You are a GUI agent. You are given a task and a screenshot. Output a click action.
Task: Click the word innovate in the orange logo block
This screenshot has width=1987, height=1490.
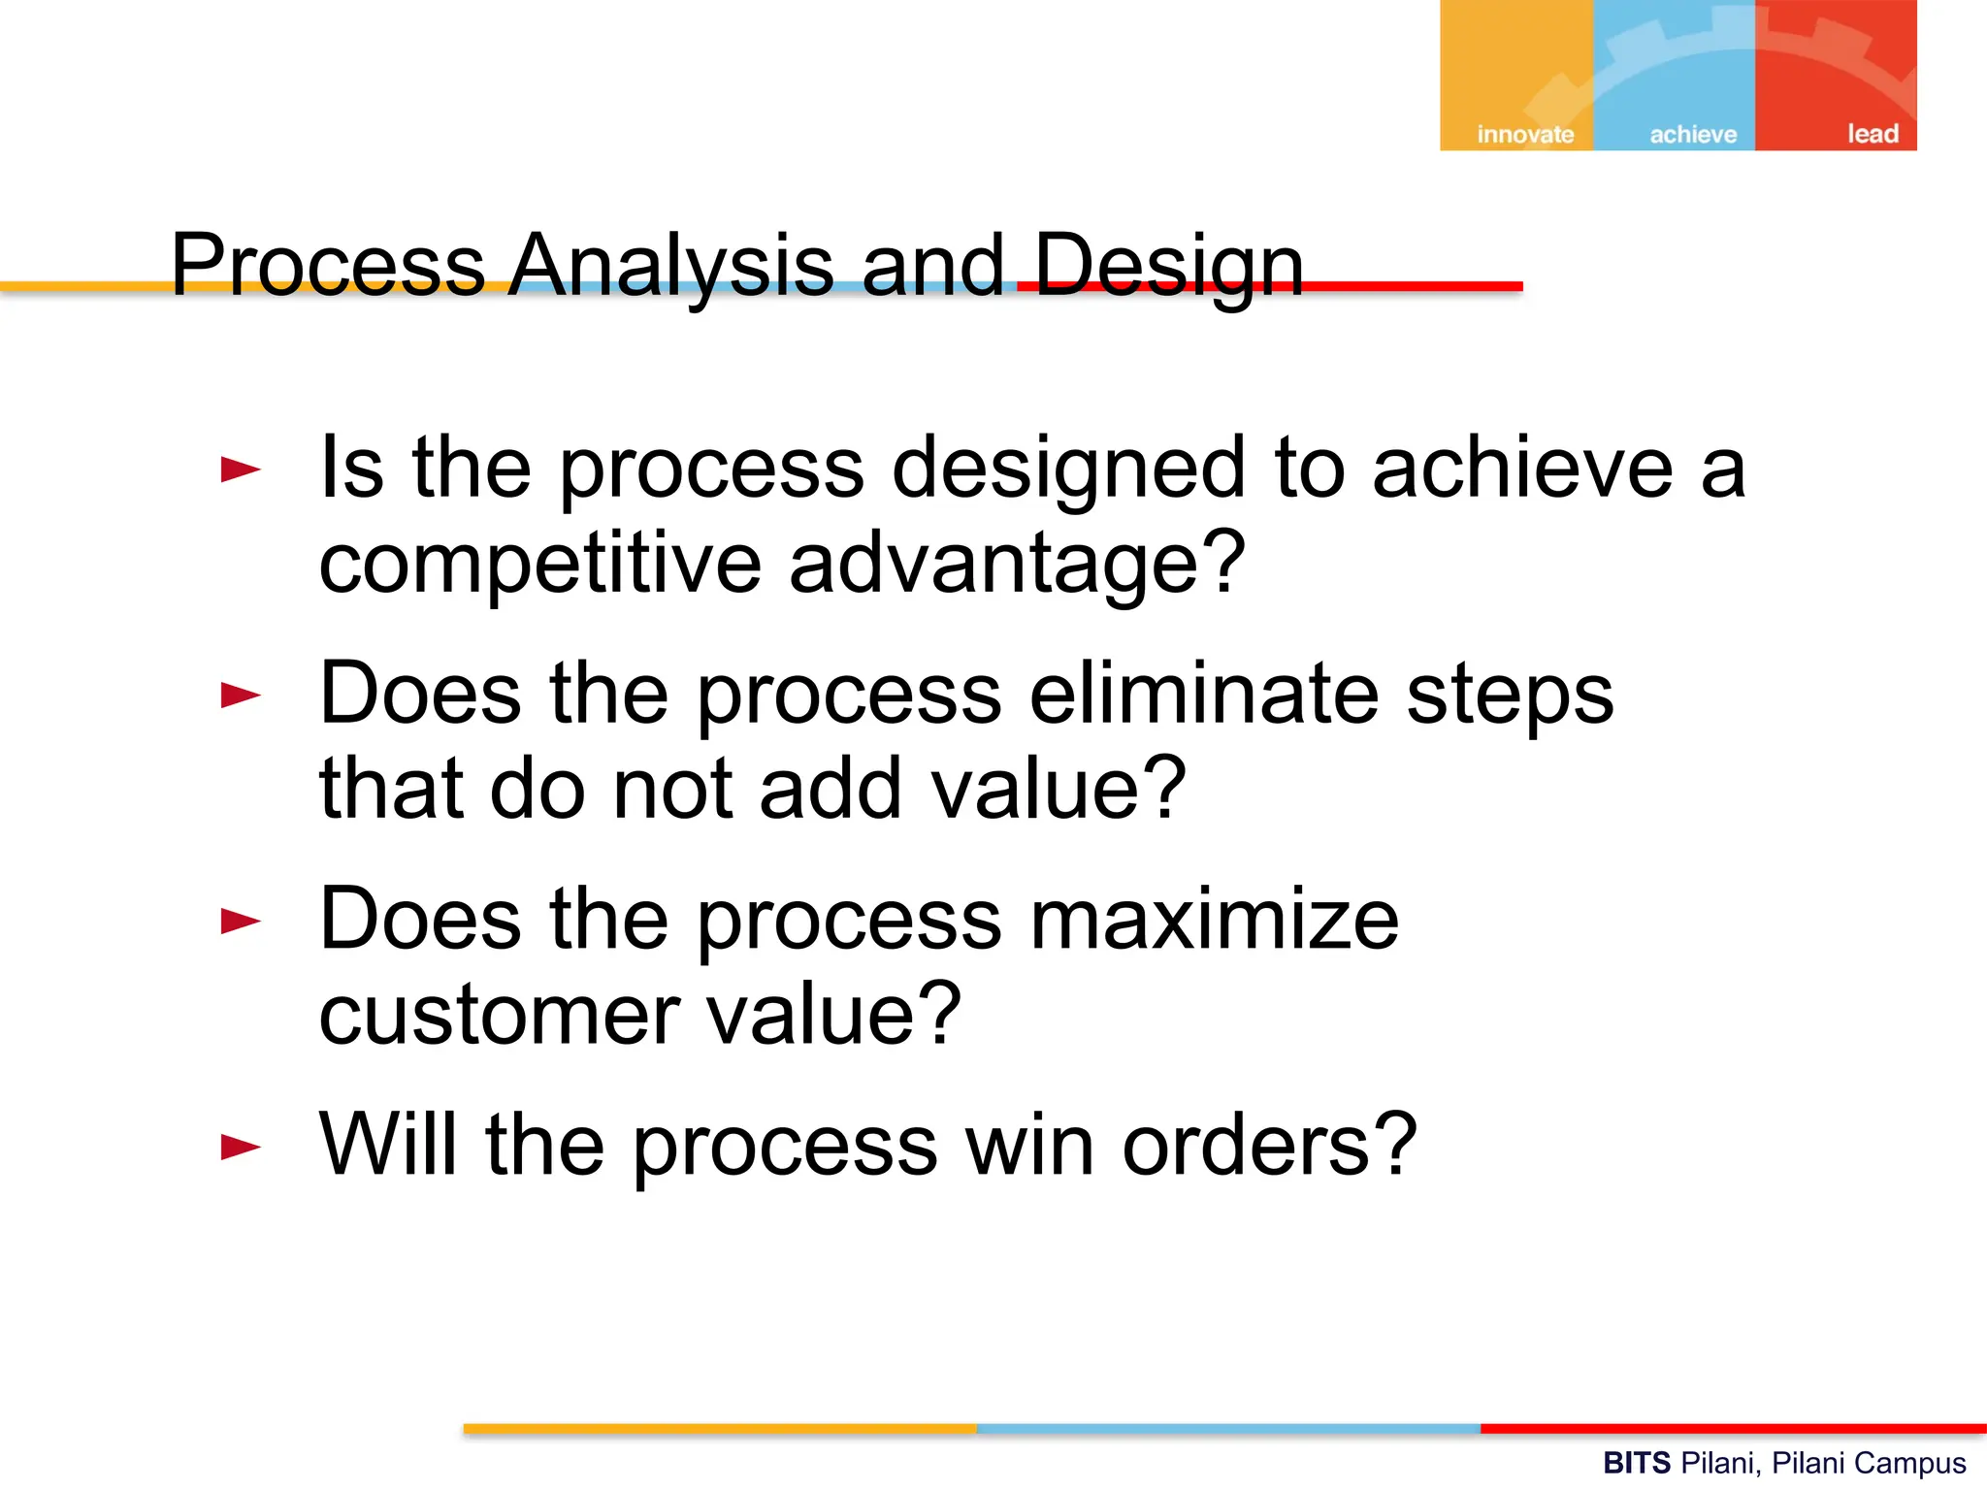(1524, 134)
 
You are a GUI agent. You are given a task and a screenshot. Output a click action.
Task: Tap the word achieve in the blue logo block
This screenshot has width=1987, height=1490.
(1693, 134)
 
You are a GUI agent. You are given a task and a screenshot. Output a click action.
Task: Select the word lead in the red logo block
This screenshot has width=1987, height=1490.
(1872, 133)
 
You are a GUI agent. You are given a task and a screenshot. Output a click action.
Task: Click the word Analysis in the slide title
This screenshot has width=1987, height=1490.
(670, 266)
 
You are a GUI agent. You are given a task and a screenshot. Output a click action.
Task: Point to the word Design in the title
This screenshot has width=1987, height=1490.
(1168, 266)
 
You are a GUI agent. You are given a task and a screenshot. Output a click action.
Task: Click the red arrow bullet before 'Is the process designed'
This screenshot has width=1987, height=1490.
(241, 470)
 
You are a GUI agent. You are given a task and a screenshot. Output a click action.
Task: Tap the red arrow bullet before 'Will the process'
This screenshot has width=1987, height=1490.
(241, 1148)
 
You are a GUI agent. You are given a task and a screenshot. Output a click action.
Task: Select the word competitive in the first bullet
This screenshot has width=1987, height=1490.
(539, 565)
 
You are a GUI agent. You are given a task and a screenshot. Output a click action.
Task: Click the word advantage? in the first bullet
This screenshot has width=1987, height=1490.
(1016, 565)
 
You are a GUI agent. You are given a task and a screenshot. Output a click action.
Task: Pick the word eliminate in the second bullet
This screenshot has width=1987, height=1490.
(1203, 694)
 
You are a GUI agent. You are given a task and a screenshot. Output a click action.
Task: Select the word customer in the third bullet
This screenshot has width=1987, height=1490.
(499, 1016)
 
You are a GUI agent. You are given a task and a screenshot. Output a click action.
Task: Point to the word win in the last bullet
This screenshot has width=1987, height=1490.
(1029, 1146)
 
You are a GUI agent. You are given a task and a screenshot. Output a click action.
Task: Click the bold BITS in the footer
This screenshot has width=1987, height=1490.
(1636, 1463)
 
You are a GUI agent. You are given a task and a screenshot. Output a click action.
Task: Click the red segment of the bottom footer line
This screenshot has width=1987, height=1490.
(1733, 1429)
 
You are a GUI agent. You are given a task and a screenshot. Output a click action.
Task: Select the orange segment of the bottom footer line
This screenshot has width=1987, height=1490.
(719, 1429)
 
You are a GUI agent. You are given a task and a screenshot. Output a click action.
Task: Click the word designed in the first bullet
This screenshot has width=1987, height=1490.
(1067, 470)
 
